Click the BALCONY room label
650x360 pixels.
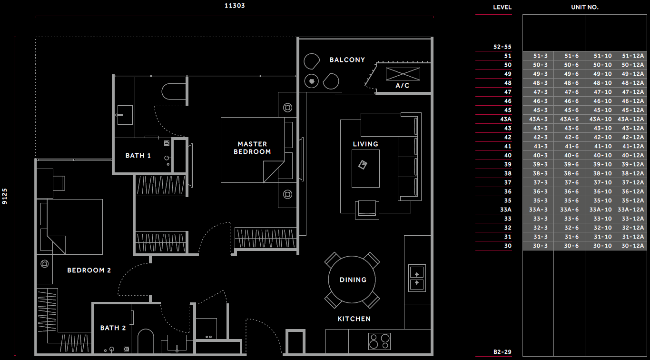pos(347,60)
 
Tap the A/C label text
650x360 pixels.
pos(403,85)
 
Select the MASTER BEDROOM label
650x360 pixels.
pos(252,148)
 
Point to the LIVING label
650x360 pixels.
pos(365,144)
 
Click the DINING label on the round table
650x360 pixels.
pos(353,280)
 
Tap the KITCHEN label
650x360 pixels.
pos(354,319)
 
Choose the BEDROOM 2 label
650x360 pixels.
pos(89,270)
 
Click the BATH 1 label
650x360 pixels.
pos(138,156)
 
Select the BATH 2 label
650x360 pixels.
pos(113,328)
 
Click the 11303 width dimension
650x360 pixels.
pos(235,6)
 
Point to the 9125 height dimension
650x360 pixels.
pos(5,196)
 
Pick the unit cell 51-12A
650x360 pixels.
pos(632,56)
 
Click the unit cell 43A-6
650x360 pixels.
pos(569,119)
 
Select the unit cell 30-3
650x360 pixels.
pos(540,246)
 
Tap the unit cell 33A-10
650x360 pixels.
pos(601,210)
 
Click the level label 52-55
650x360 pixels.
pos(502,47)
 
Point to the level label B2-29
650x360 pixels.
pos(502,352)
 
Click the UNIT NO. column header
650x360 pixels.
pos(585,7)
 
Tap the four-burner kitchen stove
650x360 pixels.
pos(379,341)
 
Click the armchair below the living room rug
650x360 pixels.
pos(367,210)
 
